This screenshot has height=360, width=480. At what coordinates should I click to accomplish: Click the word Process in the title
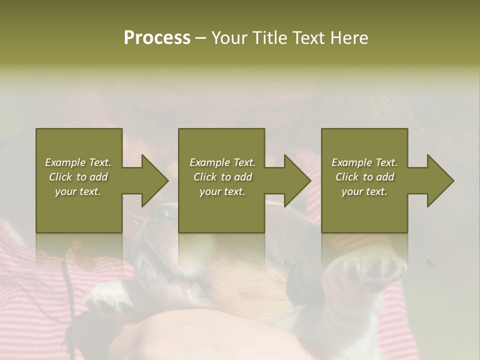pyautogui.click(x=157, y=38)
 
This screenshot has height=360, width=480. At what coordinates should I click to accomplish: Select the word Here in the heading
pyautogui.click(x=348, y=38)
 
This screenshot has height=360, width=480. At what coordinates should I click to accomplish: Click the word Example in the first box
pyautogui.click(x=65, y=162)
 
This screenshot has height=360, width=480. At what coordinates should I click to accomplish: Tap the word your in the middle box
pyautogui.click(x=210, y=191)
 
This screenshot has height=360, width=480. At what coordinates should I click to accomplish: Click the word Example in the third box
pyautogui.click(x=352, y=162)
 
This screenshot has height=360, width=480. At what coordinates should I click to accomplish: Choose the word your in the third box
pyautogui.click(x=352, y=191)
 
